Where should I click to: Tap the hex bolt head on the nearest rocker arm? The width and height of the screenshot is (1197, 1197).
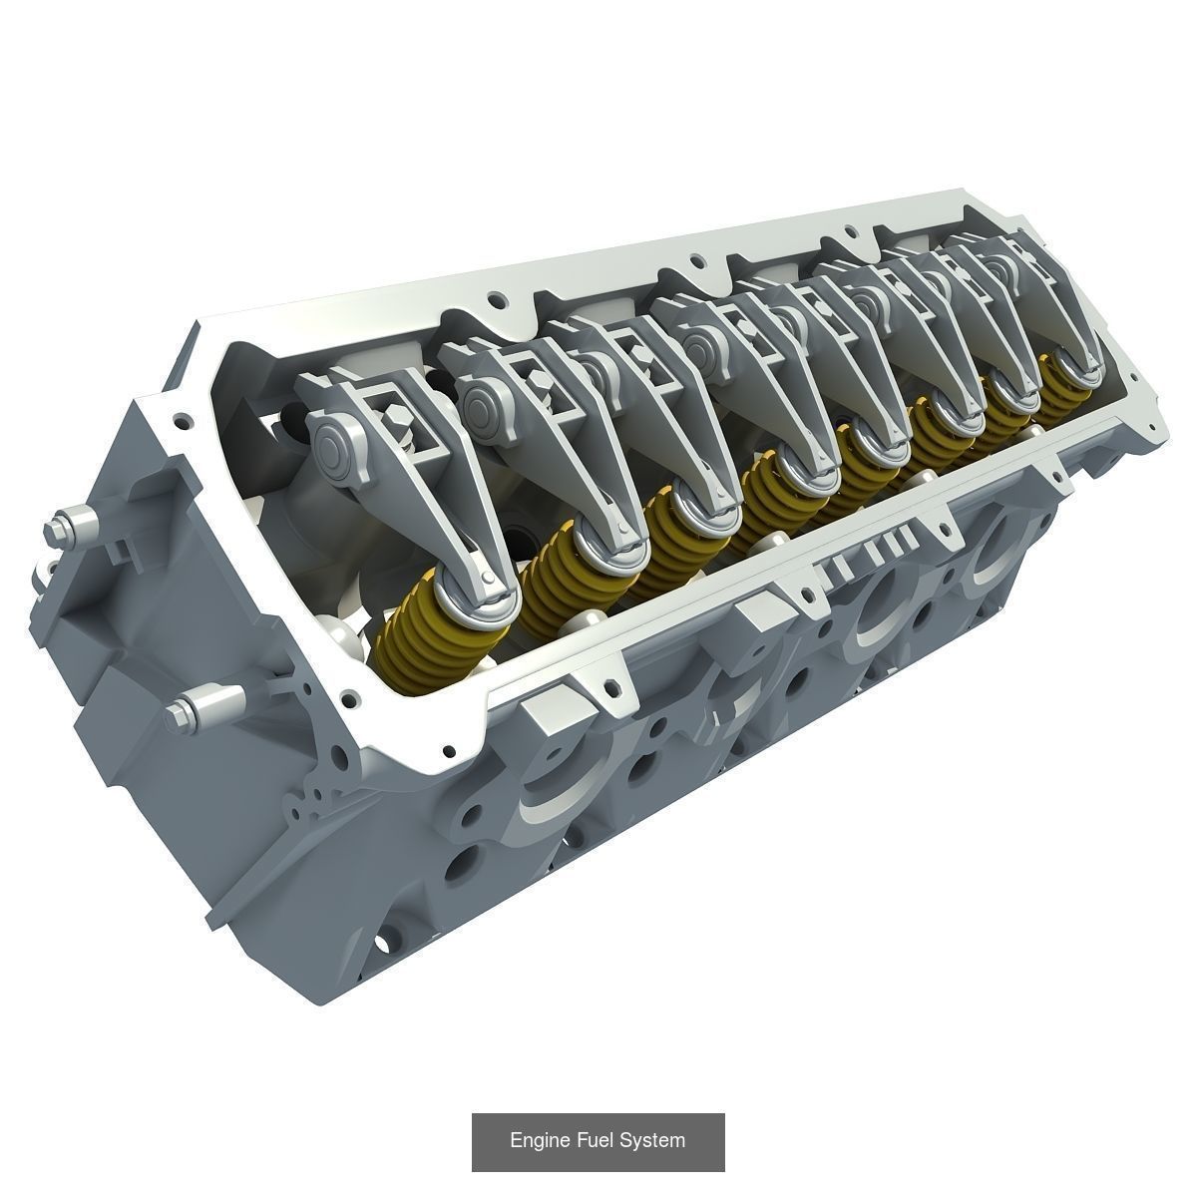398,426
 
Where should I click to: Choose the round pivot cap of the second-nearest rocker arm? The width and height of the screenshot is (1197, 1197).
485,399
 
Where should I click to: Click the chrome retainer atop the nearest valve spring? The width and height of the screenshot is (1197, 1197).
469,606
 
